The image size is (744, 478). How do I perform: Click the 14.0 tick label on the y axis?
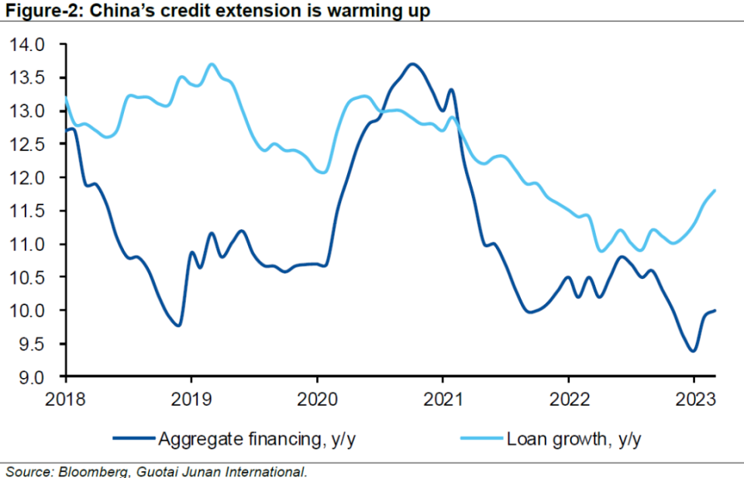point(29,46)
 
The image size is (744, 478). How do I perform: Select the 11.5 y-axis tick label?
point(29,211)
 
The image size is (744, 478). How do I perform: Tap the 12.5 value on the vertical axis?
point(29,145)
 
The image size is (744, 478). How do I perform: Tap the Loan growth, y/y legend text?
point(573,439)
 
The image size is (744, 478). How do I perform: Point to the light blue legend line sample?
point(480,439)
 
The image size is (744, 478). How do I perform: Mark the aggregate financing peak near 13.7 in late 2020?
point(413,64)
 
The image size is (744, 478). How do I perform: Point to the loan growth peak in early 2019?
point(212,64)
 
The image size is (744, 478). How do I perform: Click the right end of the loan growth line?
point(714,190)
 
